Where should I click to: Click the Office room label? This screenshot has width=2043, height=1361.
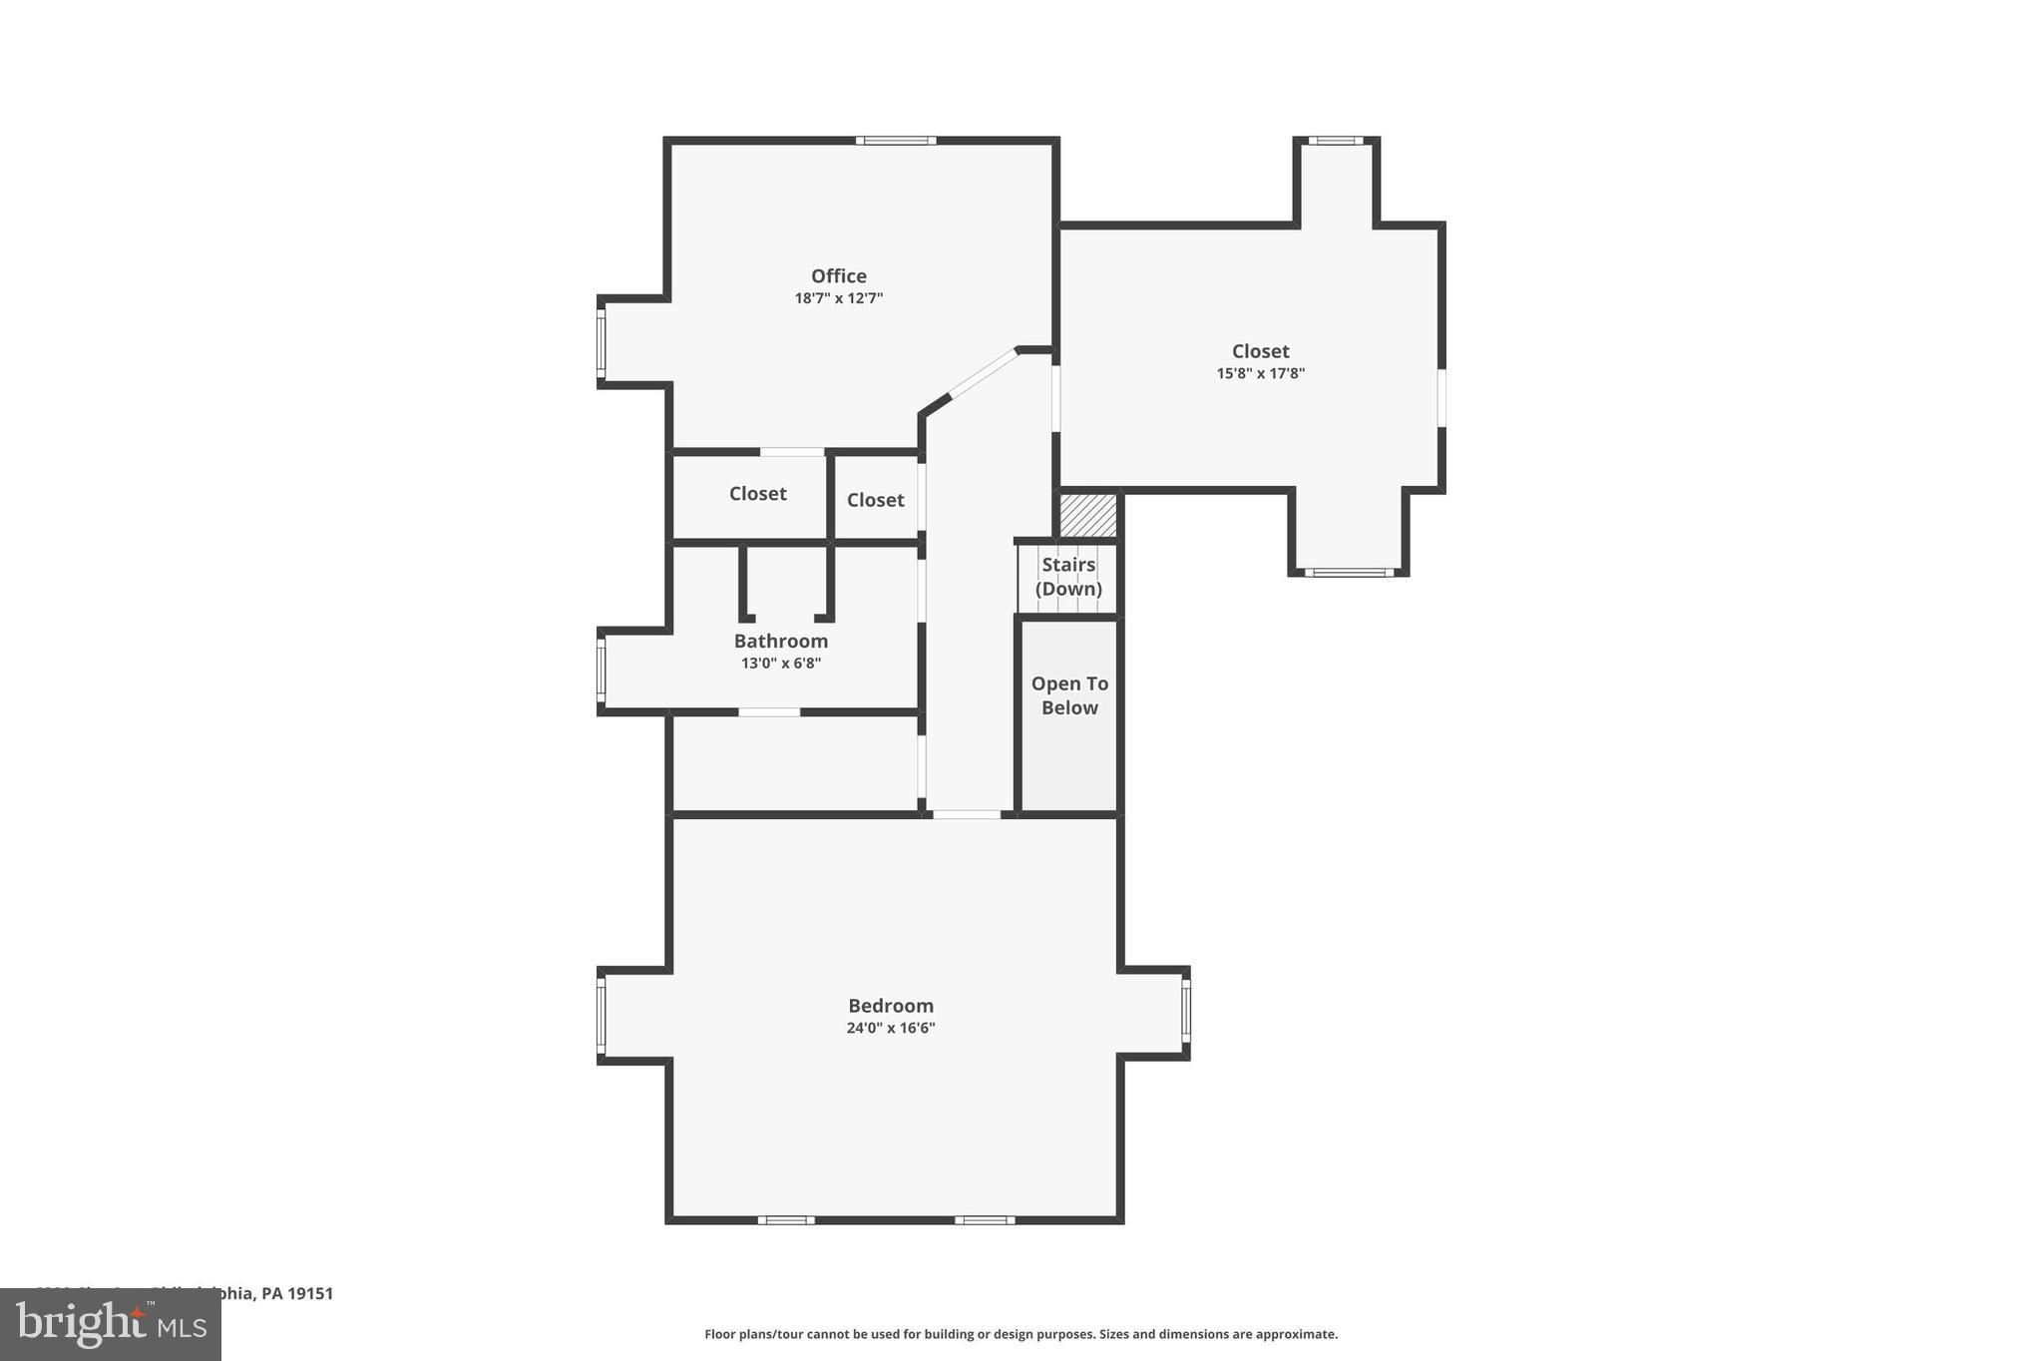(x=838, y=276)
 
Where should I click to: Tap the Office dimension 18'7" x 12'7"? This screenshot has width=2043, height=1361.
(x=838, y=298)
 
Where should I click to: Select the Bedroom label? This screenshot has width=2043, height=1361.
(x=890, y=1006)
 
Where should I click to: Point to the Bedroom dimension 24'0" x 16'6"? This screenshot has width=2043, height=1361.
(x=890, y=1028)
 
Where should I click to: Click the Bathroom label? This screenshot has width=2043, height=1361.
(x=780, y=642)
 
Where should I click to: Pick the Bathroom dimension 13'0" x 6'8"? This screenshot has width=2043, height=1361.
(x=780, y=664)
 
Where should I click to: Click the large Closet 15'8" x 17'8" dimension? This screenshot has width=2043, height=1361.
(x=1260, y=374)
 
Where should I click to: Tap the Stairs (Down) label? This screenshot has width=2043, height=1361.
(x=1068, y=577)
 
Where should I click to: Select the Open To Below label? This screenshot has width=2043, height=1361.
(x=1069, y=695)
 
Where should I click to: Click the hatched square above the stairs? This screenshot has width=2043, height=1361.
(x=1087, y=515)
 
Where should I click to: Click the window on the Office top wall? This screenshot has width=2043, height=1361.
(x=895, y=141)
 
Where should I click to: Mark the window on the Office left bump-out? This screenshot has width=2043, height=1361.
(x=602, y=342)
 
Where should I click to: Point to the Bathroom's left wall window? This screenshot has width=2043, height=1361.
(x=602, y=670)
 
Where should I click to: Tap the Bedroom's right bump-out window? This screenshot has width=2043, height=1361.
(x=1185, y=1012)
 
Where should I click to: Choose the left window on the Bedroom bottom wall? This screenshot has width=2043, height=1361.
(x=786, y=1219)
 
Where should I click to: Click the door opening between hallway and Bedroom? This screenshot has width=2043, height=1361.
(x=966, y=815)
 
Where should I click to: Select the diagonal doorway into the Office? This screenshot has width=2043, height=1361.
(x=982, y=373)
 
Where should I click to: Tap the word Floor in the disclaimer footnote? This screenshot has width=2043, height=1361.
(x=721, y=1334)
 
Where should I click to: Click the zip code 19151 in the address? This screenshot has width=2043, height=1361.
(x=310, y=1293)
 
